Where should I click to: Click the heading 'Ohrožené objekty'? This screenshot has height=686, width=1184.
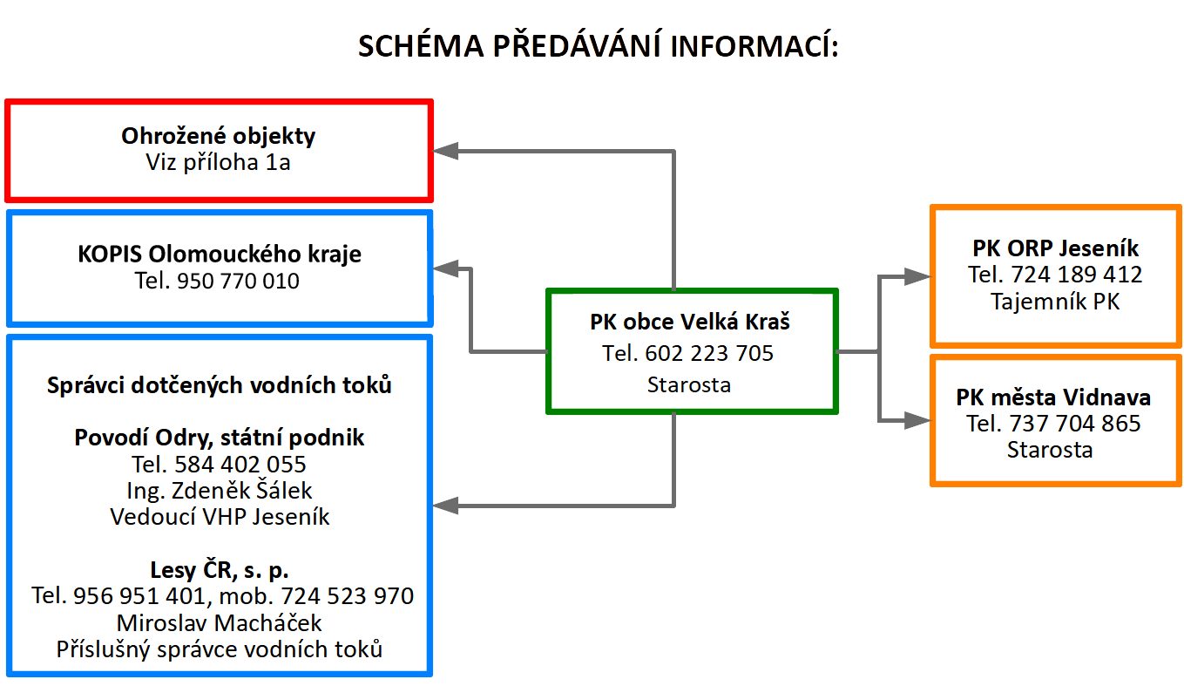click(x=219, y=136)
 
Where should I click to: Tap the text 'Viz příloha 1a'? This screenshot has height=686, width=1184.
click(x=219, y=162)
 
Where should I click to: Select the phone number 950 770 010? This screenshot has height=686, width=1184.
click(x=238, y=281)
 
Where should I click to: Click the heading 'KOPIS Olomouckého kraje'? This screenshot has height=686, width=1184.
click(x=219, y=255)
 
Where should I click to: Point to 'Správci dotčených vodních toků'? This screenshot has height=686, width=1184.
click(x=219, y=384)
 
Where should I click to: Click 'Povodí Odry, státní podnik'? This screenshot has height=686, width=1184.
click(x=219, y=437)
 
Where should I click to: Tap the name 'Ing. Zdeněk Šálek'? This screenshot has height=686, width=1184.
click(x=219, y=490)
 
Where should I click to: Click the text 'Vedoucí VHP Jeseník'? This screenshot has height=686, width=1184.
click(x=220, y=516)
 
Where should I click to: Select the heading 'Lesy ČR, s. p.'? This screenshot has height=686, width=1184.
click(x=219, y=570)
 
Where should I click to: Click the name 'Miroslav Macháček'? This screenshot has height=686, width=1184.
click(x=219, y=623)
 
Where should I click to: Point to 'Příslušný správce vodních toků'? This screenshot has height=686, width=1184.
click(x=219, y=649)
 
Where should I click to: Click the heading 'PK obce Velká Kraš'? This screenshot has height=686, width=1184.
click(x=689, y=322)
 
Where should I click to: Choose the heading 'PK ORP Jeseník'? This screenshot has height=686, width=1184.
click(x=1055, y=248)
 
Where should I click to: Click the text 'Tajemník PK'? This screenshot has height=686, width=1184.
click(x=1055, y=302)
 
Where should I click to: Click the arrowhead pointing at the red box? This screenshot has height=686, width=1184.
click(x=444, y=150)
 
